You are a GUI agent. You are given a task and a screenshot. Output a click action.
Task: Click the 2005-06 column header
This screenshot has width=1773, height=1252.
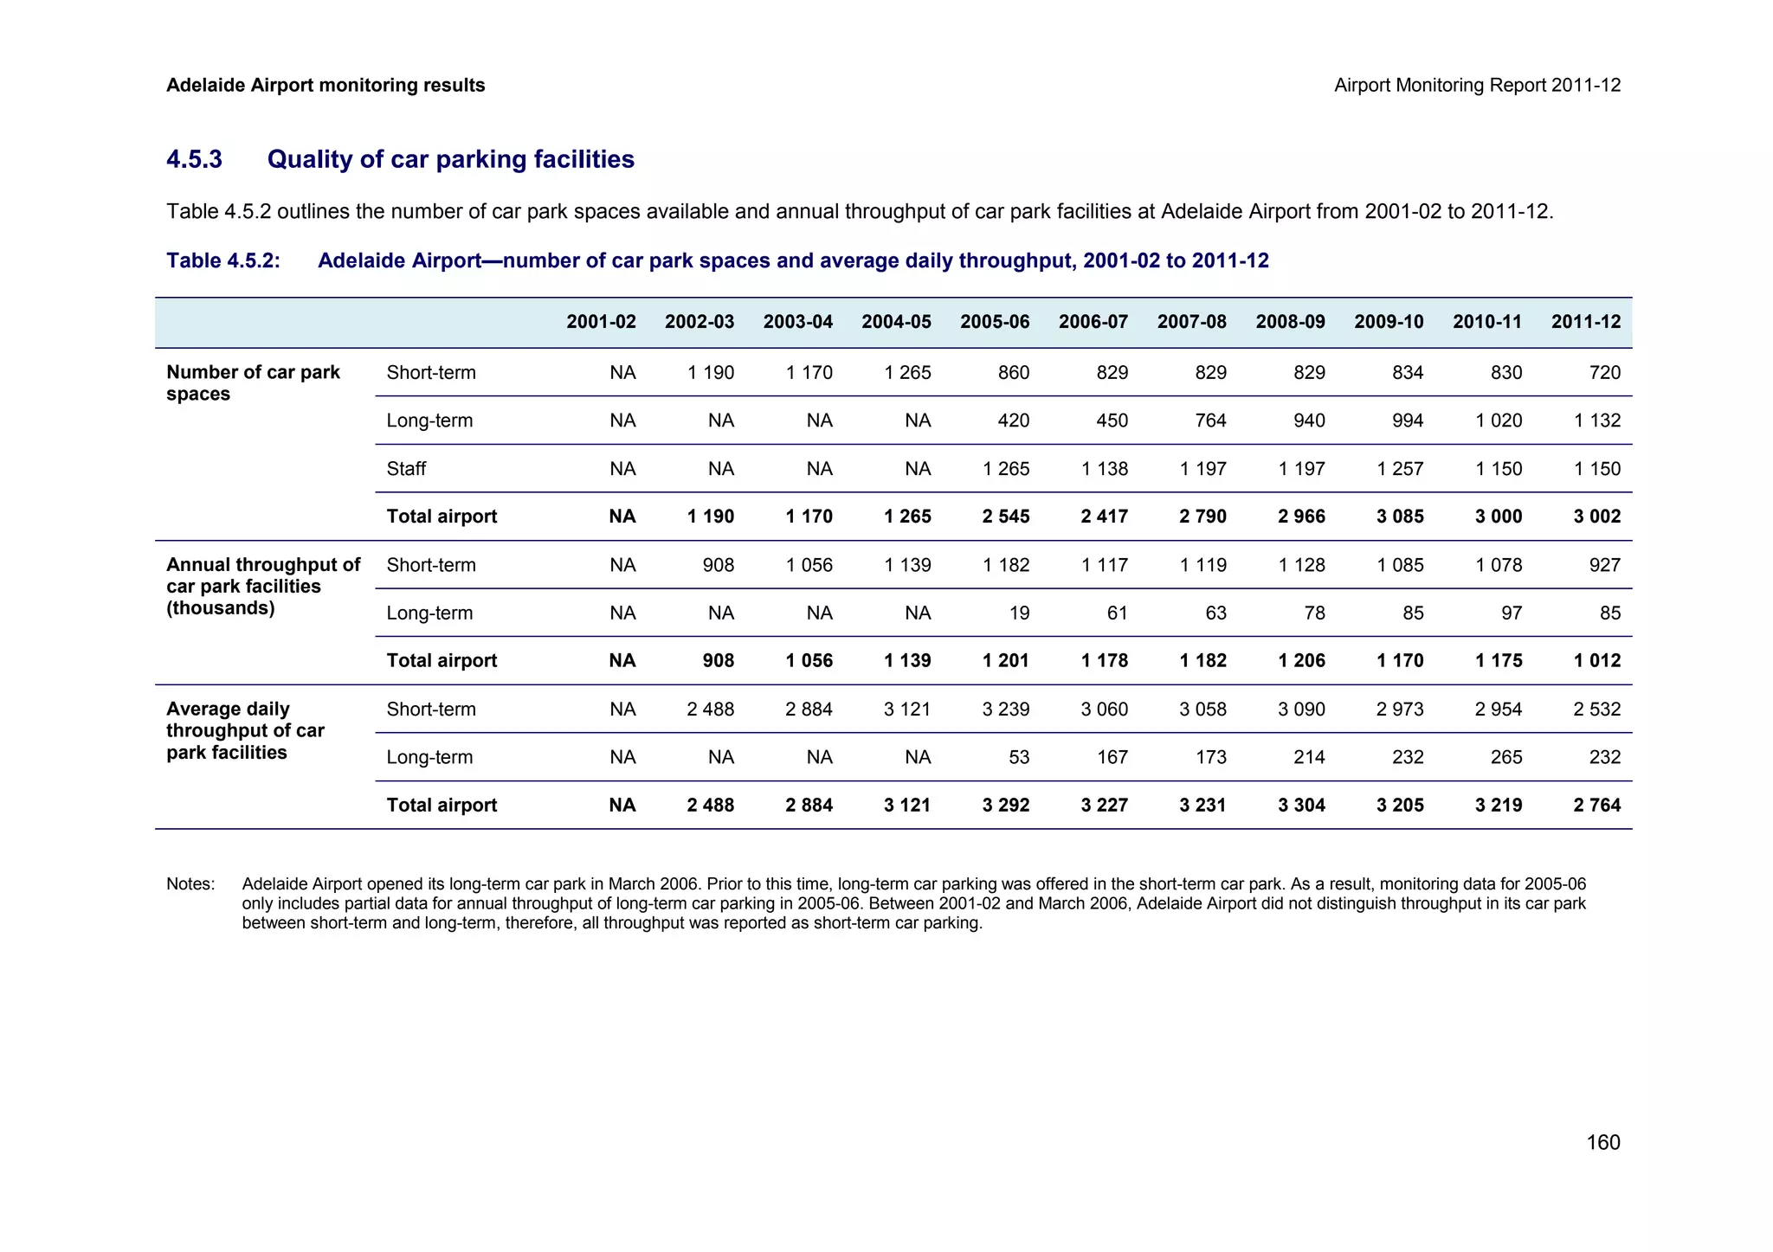pos(994,323)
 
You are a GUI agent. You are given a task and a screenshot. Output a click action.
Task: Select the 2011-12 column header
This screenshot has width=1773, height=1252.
pos(1585,323)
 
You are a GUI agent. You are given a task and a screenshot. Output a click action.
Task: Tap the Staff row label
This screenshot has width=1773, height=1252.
pos(406,469)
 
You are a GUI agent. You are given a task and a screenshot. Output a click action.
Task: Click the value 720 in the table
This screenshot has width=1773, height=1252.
pos(1604,373)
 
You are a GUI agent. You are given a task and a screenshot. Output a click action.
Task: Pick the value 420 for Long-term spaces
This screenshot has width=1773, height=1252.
pos(1013,421)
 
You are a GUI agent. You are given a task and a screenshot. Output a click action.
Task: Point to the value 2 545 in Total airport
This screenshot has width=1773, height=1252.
pos(1005,517)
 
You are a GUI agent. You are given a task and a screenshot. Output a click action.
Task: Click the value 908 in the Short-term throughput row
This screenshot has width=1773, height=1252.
pos(718,566)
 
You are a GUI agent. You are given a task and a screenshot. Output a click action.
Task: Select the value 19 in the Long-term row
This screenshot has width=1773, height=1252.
pos(1019,613)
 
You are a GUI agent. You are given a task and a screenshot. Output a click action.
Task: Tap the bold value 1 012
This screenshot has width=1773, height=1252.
pos(1596,661)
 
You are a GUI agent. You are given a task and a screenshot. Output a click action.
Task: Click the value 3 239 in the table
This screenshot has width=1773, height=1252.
pos(1005,709)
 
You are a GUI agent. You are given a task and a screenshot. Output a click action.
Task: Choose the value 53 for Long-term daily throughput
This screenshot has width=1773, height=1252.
pos(1019,758)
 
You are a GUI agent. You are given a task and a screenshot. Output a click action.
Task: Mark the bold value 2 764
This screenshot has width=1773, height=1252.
pos(1596,806)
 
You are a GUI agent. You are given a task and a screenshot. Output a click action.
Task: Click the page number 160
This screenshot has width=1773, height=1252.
pos(1602,1143)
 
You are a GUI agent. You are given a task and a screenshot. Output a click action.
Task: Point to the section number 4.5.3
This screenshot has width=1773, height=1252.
pos(194,159)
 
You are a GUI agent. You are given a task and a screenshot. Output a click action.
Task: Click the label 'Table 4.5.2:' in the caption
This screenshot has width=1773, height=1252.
pos(223,261)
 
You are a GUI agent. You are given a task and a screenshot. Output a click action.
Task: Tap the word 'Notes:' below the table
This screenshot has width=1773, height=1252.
pos(190,884)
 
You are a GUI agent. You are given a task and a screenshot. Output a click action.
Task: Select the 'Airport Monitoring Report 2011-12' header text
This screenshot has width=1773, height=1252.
pos(1477,86)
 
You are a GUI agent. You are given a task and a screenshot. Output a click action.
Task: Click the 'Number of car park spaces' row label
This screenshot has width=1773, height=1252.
pos(253,383)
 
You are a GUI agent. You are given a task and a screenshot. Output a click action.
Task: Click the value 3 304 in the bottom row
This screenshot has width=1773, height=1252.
pos(1301,806)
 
